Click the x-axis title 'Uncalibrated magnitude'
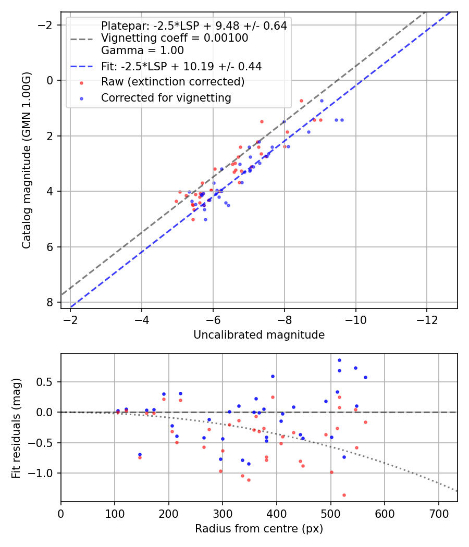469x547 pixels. point(259,335)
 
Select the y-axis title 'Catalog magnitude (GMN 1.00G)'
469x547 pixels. point(27,160)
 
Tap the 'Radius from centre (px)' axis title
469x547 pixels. point(259,529)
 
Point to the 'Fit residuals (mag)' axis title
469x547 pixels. point(16,428)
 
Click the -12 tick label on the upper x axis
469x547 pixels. point(427,320)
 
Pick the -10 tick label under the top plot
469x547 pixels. point(355,320)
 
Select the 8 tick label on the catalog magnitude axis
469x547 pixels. point(50,302)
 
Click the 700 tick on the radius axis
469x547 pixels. point(438,514)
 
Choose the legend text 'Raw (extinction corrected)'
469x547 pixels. point(172,82)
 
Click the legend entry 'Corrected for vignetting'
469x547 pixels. point(166,98)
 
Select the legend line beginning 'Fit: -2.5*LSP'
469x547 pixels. point(181,66)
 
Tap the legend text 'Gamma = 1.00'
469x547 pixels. point(142,51)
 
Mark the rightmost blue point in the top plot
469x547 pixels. point(342,120)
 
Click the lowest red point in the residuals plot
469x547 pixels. point(344,495)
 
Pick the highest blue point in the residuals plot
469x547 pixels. point(339,360)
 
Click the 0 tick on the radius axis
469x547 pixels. point(61,514)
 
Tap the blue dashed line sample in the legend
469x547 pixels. point(82,66)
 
